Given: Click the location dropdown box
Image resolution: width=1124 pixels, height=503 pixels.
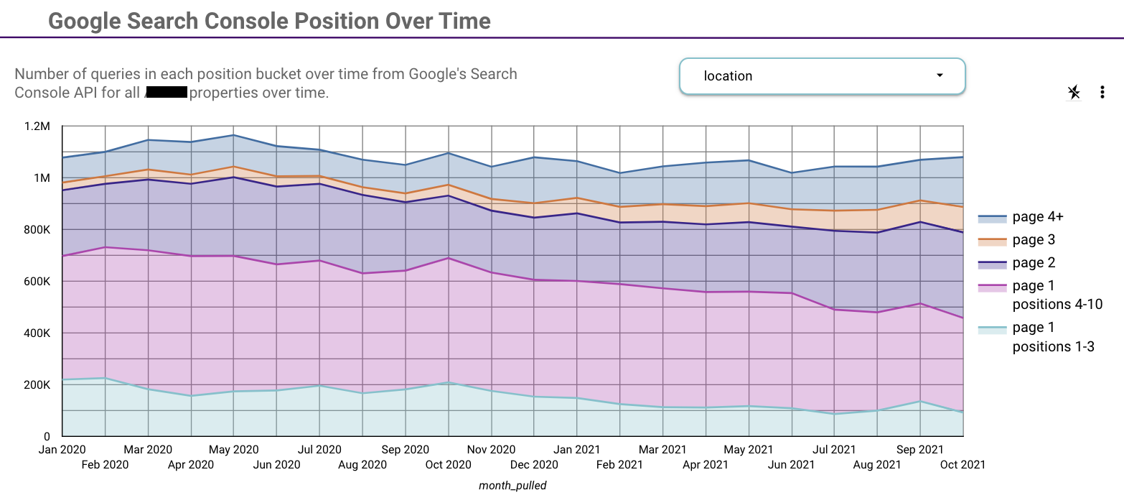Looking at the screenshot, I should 822,76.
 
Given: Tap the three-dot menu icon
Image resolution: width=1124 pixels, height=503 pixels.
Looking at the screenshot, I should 1102,92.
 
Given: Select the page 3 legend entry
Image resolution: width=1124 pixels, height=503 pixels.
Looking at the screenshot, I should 1034,240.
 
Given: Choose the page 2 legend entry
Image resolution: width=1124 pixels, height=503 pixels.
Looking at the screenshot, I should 1034,263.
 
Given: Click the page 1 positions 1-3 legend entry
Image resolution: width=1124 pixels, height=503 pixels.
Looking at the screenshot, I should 1053,337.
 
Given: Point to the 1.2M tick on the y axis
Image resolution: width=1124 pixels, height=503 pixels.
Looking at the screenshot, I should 37,126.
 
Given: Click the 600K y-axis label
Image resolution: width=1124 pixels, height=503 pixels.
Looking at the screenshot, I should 36,282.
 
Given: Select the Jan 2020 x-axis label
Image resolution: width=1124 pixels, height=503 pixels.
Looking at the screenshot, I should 62,450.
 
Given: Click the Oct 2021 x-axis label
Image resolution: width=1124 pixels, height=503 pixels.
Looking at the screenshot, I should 963,464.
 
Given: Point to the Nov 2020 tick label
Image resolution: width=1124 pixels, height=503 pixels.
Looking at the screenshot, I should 492,450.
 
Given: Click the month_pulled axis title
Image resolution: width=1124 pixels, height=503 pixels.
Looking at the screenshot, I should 512,486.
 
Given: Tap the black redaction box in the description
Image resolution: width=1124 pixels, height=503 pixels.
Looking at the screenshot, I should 166,93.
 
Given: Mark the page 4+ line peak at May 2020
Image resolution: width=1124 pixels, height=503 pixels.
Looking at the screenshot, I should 233,135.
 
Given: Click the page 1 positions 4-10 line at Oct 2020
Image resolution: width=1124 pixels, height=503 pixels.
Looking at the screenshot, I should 449,258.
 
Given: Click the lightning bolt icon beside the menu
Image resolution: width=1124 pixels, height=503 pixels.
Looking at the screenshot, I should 1074,92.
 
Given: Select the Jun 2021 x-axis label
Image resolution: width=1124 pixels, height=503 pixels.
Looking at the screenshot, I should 791,464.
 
